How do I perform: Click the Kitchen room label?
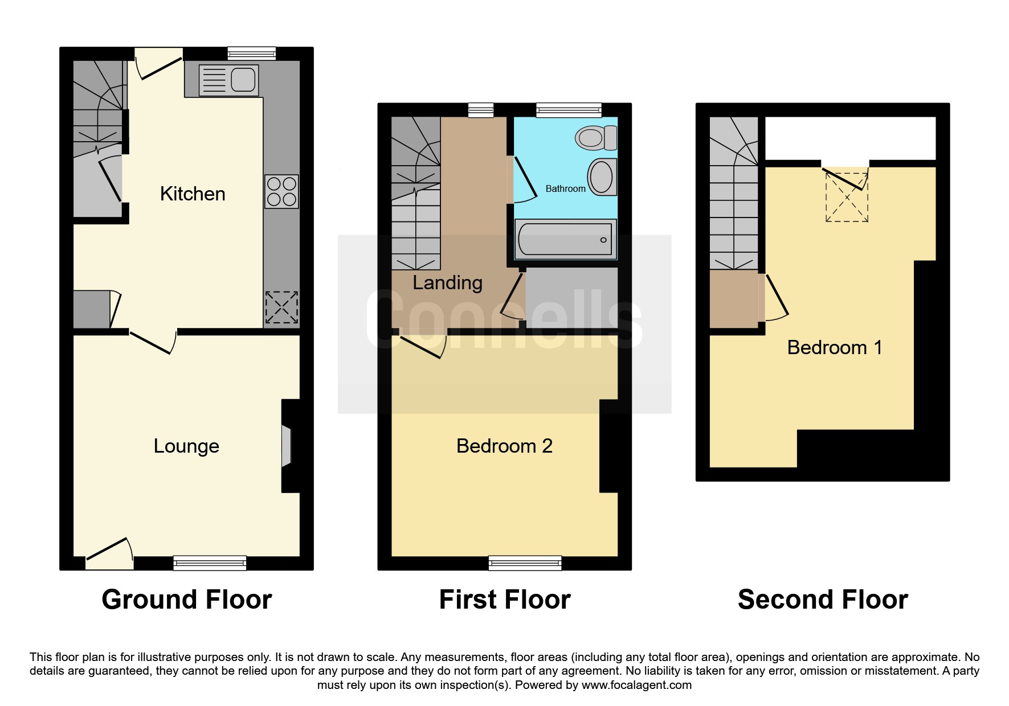193,194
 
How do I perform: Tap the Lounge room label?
186,446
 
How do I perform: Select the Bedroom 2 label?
504,446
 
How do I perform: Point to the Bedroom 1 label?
835,347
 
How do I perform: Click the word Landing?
447,283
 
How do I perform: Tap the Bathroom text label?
565,188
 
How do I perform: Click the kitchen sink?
228,79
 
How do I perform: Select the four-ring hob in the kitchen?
281,191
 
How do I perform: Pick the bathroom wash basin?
602,177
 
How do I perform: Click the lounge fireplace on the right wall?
287,446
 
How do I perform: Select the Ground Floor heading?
187,600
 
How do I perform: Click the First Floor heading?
505,600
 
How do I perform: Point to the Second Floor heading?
823,600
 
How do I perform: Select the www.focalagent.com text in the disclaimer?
636,685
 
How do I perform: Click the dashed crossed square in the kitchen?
281,307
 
